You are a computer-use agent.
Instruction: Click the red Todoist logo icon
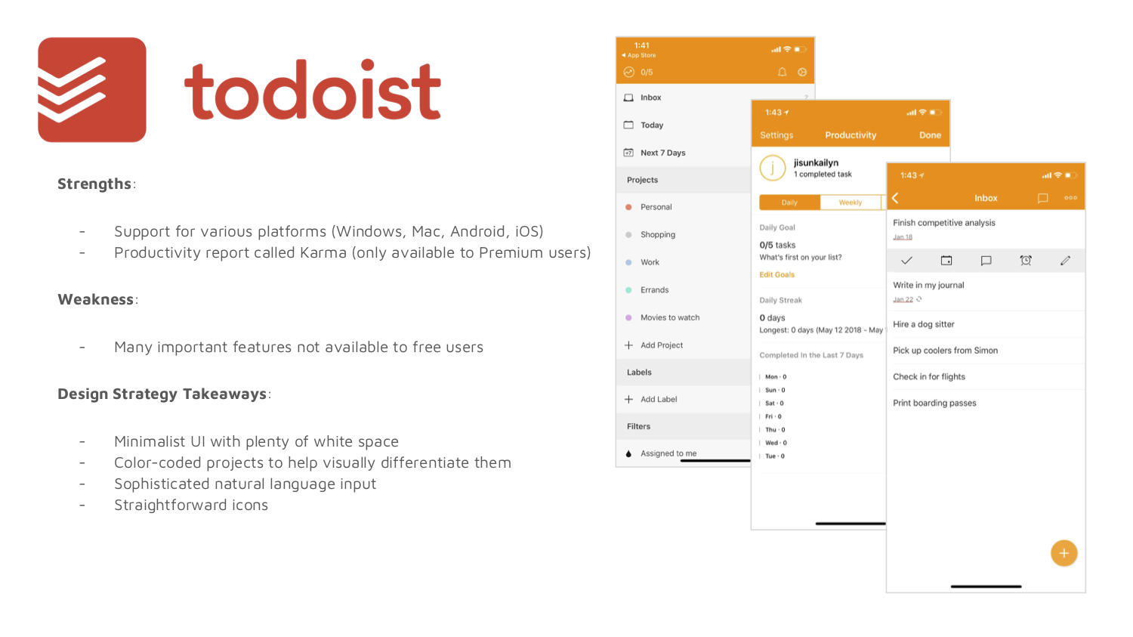click(x=92, y=90)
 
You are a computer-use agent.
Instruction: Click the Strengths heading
click(x=94, y=184)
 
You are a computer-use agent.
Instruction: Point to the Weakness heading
click(x=96, y=299)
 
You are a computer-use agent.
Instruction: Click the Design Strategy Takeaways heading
click(x=162, y=394)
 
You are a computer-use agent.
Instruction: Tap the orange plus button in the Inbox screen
click(x=1064, y=553)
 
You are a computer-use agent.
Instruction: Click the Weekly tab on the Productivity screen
click(x=851, y=203)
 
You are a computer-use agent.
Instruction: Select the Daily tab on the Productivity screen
click(x=789, y=203)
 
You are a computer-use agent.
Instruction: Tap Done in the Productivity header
click(x=930, y=135)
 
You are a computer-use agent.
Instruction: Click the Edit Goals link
click(x=777, y=275)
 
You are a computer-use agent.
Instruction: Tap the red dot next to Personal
click(x=628, y=207)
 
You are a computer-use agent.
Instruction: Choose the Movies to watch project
click(x=670, y=317)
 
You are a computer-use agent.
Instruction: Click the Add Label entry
click(x=659, y=399)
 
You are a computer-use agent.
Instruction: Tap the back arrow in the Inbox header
click(x=895, y=198)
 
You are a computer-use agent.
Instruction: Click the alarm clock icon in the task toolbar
click(x=1025, y=261)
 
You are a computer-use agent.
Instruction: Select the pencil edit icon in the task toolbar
click(x=1065, y=261)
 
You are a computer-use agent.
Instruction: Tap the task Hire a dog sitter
click(x=924, y=324)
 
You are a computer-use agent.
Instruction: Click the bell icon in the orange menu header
click(x=782, y=73)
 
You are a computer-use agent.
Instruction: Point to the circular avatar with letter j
click(x=773, y=168)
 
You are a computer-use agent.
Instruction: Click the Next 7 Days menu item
click(x=662, y=153)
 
